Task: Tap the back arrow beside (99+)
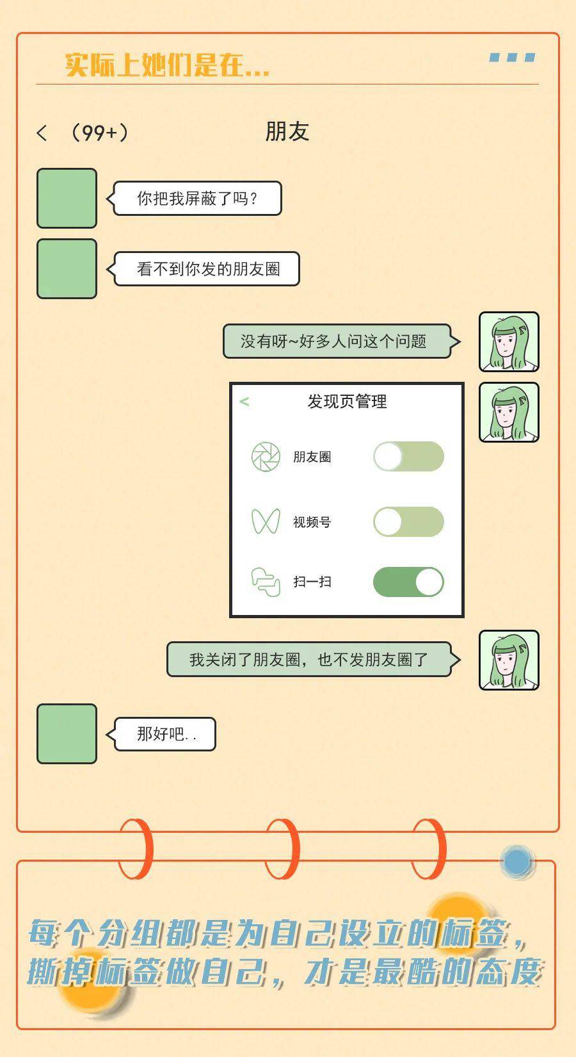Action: (x=42, y=133)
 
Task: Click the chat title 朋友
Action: (x=287, y=131)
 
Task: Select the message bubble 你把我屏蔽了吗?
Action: (x=194, y=198)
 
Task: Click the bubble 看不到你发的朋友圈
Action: (x=203, y=269)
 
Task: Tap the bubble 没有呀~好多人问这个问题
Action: (x=341, y=341)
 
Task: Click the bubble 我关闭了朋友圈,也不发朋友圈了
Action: (x=313, y=659)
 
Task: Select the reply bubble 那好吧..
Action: (x=161, y=734)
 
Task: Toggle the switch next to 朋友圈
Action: (x=409, y=456)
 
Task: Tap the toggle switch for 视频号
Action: (x=409, y=521)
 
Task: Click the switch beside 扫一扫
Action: (x=409, y=582)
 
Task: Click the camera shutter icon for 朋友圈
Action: (x=266, y=457)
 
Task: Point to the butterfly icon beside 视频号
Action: (x=266, y=521)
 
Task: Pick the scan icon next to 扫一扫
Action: (x=266, y=582)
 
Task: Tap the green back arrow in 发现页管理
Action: (x=244, y=402)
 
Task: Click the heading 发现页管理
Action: (x=348, y=402)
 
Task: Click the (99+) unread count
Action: (x=99, y=133)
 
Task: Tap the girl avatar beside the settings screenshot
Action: (x=509, y=413)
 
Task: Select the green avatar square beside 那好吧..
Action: (x=67, y=733)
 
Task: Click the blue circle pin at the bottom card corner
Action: (x=516, y=862)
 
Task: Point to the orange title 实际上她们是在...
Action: (x=167, y=65)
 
